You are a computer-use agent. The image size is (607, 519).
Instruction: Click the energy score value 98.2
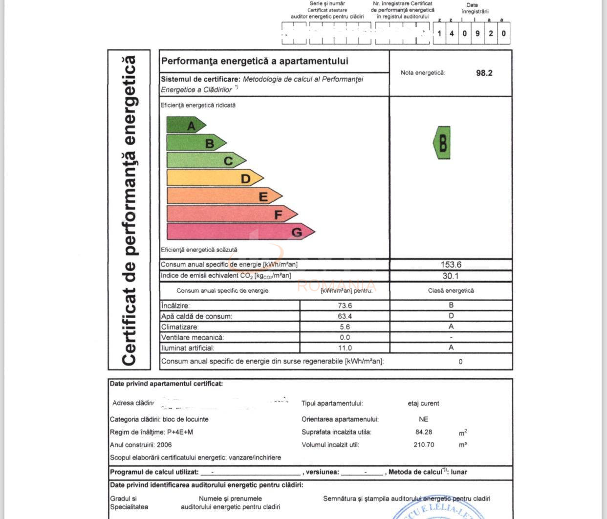tap(484, 73)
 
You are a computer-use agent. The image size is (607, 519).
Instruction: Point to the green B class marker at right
tap(442, 143)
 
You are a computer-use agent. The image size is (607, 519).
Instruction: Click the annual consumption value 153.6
tap(451, 264)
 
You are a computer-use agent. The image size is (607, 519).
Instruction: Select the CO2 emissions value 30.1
tap(451, 276)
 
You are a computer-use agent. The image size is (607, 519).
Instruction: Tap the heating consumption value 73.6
tap(345, 305)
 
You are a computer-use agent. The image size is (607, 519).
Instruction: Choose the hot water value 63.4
tap(345, 316)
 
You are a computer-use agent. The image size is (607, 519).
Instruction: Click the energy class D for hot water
tap(451, 316)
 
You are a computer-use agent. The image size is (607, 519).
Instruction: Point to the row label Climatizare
tap(180, 327)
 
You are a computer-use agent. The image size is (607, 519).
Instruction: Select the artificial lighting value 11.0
tap(345, 348)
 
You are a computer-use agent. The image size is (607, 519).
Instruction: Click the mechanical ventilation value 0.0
tap(345, 337)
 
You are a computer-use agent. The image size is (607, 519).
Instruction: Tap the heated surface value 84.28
tap(423, 432)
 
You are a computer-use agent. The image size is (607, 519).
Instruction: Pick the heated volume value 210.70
tap(423, 445)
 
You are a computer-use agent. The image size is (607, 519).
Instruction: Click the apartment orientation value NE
tap(423, 419)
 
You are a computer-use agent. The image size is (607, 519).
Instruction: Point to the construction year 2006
tap(164, 445)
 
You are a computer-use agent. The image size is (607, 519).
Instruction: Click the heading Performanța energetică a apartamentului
tap(255, 61)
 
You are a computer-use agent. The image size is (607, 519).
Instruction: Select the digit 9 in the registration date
tap(477, 34)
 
